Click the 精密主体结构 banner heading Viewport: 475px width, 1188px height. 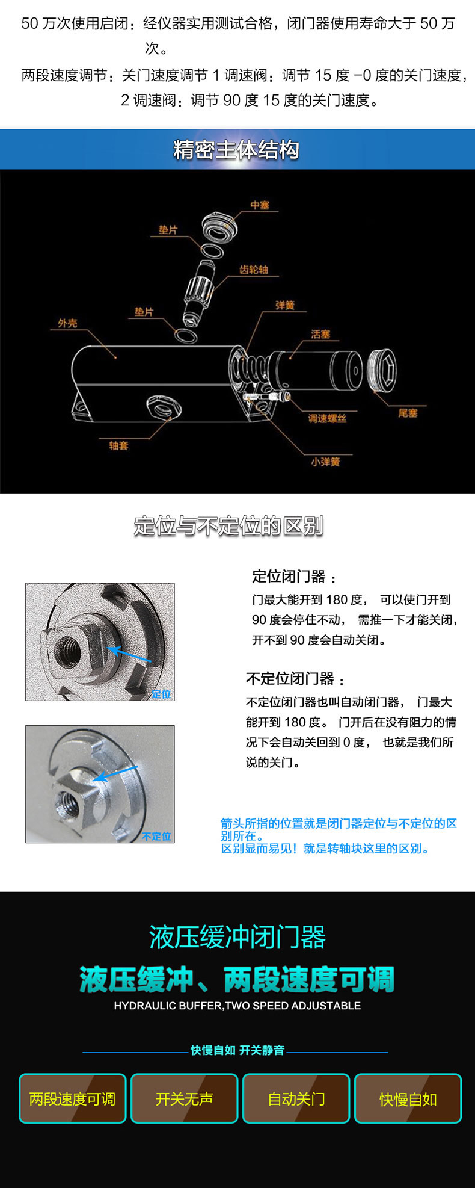[x=236, y=149]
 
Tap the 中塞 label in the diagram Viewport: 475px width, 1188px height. [x=260, y=205]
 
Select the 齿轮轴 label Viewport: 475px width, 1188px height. [x=253, y=269]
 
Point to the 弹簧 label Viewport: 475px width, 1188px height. [x=285, y=305]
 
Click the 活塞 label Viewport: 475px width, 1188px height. [x=320, y=334]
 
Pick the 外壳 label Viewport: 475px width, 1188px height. [x=67, y=323]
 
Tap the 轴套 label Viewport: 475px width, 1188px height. [x=118, y=445]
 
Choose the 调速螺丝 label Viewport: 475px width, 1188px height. [x=327, y=418]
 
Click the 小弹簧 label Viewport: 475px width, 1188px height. [x=325, y=462]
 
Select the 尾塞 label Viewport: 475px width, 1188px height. [x=408, y=413]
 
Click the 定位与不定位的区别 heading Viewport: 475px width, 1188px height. [x=228, y=525]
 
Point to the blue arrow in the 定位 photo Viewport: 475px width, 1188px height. [x=129, y=655]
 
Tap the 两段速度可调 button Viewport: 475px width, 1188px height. [x=73, y=1098]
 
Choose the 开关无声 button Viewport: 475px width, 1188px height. [x=185, y=1098]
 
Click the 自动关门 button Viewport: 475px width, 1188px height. [x=296, y=1098]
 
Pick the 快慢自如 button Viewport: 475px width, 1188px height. [x=408, y=1098]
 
